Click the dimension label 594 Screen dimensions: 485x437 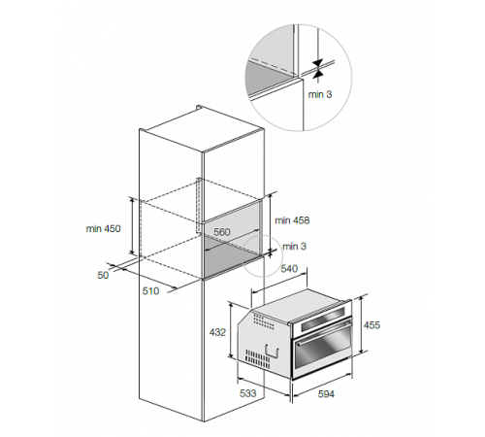point(326,394)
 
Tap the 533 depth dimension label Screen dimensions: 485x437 point(247,393)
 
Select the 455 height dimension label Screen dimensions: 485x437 point(372,324)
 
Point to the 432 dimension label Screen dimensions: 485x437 point(217,332)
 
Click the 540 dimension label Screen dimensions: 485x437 point(289,268)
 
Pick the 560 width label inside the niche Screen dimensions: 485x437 point(222,232)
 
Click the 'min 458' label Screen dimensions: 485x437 point(292,220)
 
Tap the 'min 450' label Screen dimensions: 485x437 point(103,228)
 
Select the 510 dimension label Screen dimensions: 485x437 point(150,291)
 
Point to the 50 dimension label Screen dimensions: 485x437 point(103,275)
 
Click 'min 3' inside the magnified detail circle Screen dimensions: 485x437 point(320,94)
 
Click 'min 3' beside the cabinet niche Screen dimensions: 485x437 point(294,247)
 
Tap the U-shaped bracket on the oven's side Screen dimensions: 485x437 point(272,352)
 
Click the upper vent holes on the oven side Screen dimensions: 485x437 point(264,321)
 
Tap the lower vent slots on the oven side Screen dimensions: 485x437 point(257,359)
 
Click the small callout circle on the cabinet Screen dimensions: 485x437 point(263,256)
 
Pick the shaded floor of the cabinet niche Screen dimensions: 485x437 point(233,260)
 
